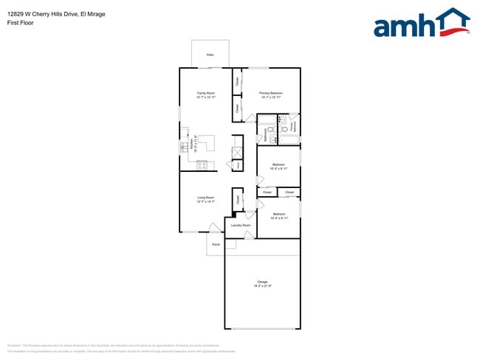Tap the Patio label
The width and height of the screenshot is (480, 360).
click(210, 55)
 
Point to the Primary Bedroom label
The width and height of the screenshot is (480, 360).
click(271, 93)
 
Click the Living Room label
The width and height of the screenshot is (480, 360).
click(205, 197)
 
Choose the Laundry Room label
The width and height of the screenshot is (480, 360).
click(241, 225)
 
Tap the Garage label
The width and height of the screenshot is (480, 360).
click(262, 282)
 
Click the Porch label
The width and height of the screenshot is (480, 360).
click(216, 244)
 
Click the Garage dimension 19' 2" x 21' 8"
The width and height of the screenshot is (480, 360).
click(262, 286)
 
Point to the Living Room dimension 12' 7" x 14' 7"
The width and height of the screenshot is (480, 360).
click(205, 201)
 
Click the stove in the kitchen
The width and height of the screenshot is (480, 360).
click(202, 166)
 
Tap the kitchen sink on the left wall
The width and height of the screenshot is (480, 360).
click(183, 148)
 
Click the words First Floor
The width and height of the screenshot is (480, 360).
click(21, 23)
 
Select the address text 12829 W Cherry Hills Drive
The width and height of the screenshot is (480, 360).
click(55, 13)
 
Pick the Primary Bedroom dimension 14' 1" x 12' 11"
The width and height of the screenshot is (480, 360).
click(271, 97)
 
